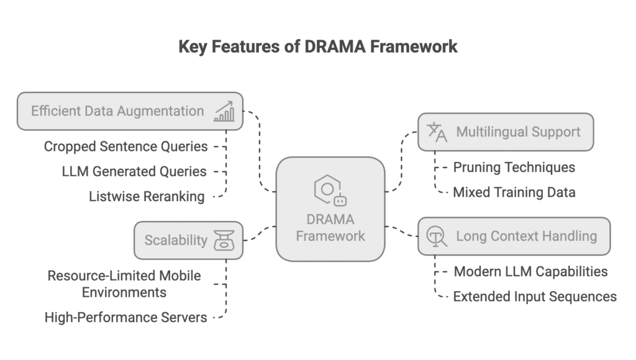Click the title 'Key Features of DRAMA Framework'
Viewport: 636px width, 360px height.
[x=318, y=47]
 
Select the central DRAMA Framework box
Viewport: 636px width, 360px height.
[x=330, y=209]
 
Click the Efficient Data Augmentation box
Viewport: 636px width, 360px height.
[x=130, y=112]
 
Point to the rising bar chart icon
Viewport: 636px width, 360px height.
[x=224, y=112]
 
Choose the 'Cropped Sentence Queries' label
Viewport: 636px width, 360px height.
[x=125, y=146]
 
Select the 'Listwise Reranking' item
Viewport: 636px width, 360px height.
[x=147, y=197]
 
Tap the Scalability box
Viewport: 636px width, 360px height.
[x=188, y=240]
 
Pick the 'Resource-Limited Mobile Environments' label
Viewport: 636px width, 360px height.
[x=124, y=283]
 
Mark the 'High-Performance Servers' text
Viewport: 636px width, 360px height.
[x=125, y=318]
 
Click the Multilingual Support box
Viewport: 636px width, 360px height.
[x=505, y=132]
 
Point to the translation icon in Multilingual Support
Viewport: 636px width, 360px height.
[x=437, y=132]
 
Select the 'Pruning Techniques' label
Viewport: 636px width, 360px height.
[x=514, y=167]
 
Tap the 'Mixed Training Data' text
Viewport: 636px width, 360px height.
[x=514, y=192]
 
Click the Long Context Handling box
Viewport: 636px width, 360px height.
[x=514, y=236]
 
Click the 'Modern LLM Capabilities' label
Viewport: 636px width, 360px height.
[x=530, y=271]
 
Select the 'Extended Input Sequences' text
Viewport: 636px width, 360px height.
[x=535, y=296]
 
